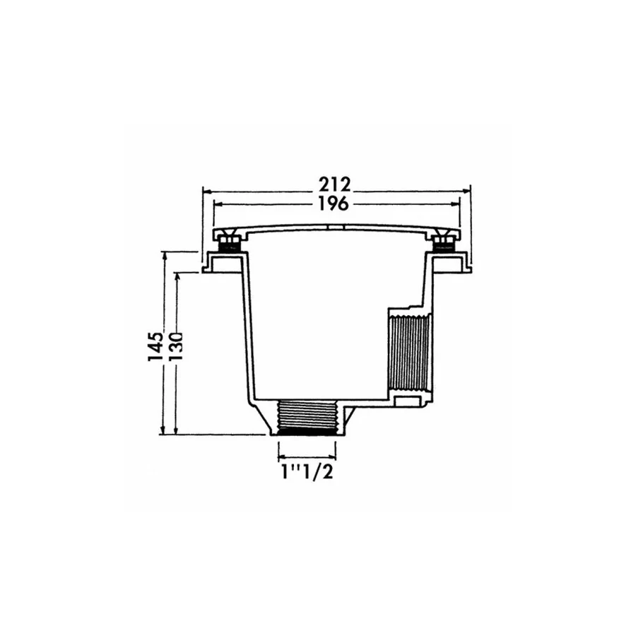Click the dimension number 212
point(334,185)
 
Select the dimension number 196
point(334,204)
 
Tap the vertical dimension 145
point(155,346)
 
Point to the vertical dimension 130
point(175,346)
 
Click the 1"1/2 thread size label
point(307,472)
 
